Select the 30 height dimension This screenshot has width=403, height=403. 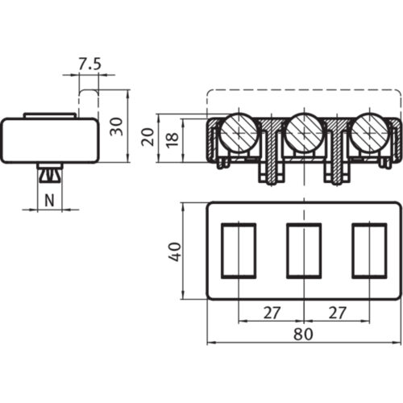(116, 126)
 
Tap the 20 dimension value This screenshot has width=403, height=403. (146, 136)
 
